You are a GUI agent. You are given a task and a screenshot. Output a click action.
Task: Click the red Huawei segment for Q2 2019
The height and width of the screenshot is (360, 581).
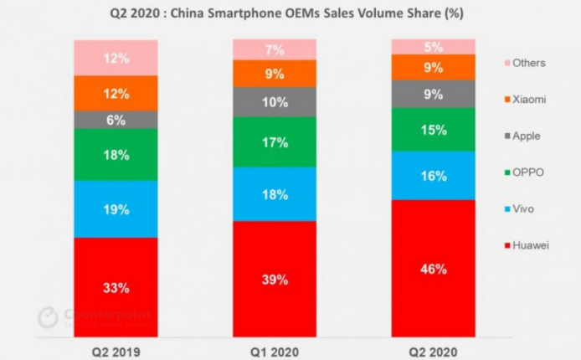(116, 276)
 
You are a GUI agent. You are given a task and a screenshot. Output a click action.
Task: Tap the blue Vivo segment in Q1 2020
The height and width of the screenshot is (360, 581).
(275, 193)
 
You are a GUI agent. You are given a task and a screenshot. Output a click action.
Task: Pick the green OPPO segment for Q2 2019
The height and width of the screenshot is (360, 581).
(116, 154)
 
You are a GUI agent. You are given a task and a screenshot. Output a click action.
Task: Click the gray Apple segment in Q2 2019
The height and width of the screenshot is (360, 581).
(116, 120)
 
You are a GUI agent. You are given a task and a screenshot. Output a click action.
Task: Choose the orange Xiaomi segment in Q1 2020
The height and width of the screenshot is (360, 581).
(275, 74)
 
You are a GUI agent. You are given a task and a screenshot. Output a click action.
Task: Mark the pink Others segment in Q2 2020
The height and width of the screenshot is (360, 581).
(433, 46)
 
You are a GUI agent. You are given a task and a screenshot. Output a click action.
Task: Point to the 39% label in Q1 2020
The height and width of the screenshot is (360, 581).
(275, 279)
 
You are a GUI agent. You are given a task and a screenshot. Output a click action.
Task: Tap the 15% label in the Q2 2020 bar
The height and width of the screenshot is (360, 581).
(433, 130)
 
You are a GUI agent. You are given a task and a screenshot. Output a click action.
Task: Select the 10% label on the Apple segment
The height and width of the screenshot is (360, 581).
(275, 102)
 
